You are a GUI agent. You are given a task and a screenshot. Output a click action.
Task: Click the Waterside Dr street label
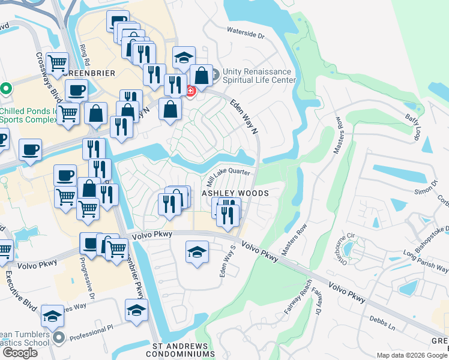tap(246, 32)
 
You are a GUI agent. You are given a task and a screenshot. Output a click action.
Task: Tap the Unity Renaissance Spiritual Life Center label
tap(259, 75)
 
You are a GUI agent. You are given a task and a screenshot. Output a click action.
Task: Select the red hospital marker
tap(191, 91)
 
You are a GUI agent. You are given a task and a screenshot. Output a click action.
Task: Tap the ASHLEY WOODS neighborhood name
tap(234, 193)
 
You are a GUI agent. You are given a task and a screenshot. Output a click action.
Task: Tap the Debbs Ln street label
tap(382, 323)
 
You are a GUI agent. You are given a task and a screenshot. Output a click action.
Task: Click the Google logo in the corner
tap(20, 353)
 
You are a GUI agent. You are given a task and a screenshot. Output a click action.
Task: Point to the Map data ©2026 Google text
tap(412, 355)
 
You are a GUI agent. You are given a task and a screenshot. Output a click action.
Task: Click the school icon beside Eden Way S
tap(196, 252)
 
